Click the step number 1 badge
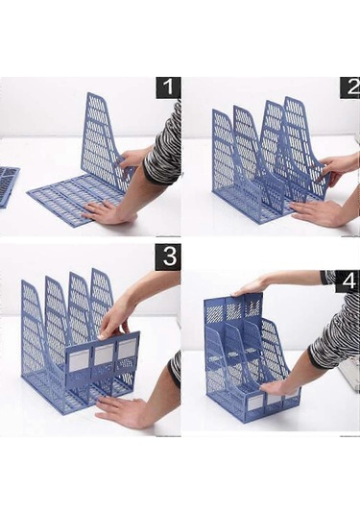pyautogui.click(x=168, y=87)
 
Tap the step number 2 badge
pyautogui.click(x=349, y=87)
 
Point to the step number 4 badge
pyautogui.click(x=348, y=281)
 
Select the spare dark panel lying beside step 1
pyautogui.click(x=9, y=185)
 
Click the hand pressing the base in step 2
pyautogui.click(x=315, y=212)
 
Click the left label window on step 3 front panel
pyautogui.click(x=80, y=360)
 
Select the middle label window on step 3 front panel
pyautogui.click(x=105, y=355)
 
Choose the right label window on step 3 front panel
pyautogui.click(x=127, y=349)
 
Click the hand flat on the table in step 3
pyautogui.click(x=126, y=411)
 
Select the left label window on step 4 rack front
pyautogui.click(x=254, y=403)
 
